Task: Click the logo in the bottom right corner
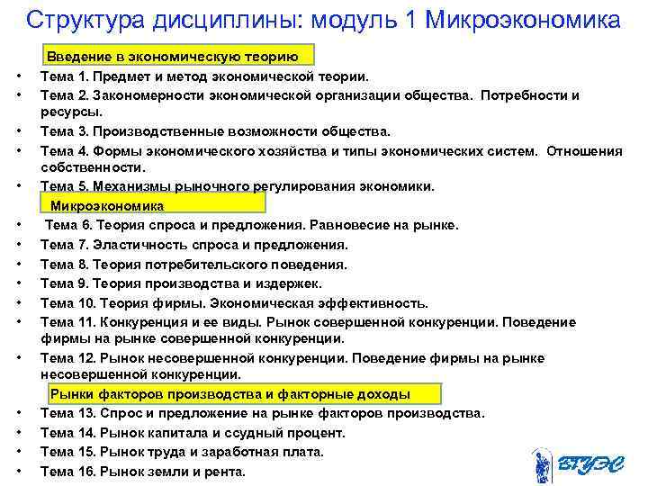[575, 463]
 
